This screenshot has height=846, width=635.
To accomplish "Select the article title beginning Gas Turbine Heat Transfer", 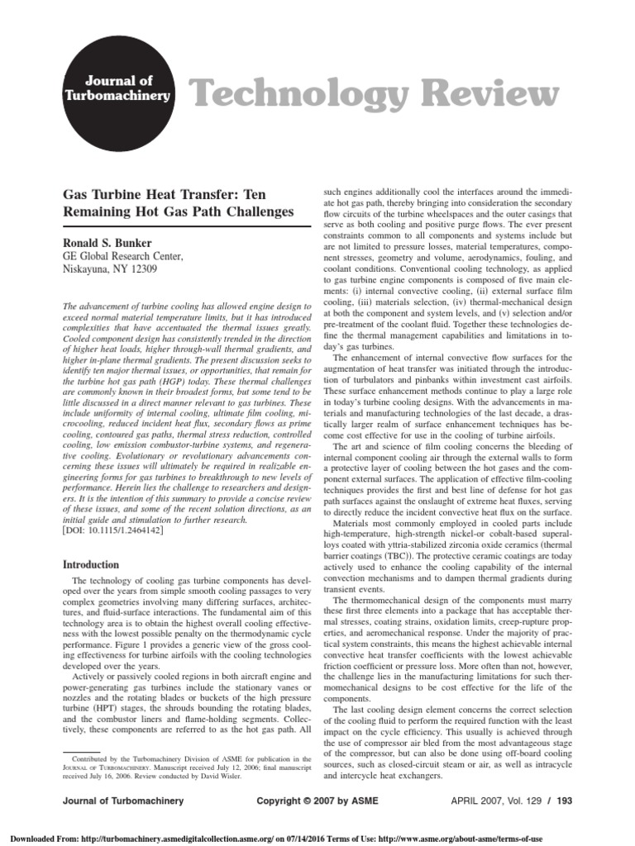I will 179,202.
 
